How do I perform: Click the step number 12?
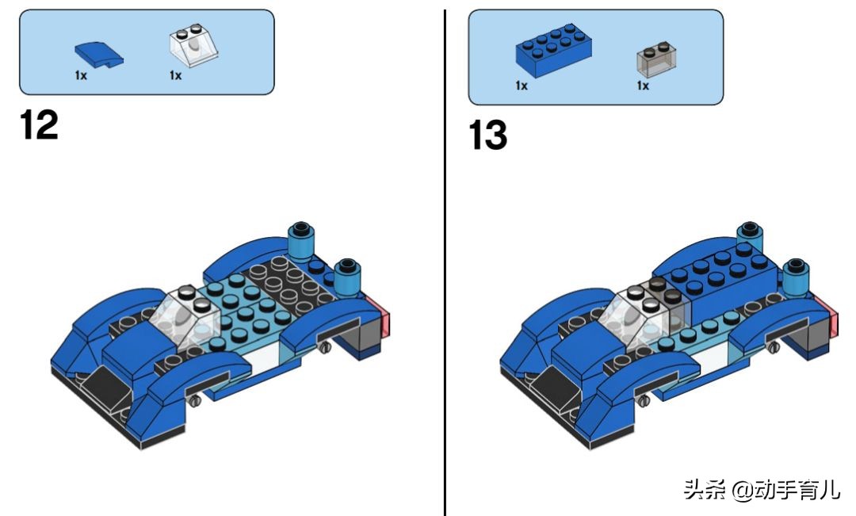pos(39,125)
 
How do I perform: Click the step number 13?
pos(487,135)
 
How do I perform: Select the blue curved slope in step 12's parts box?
pos(99,55)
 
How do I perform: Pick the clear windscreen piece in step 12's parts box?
pos(194,45)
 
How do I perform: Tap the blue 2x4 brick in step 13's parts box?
pos(553,50)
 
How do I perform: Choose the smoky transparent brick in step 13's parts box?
pos(657,59)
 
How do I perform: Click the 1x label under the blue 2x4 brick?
pos(522,86)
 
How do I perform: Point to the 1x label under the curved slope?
pos(81,75)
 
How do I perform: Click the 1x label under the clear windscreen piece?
pos(175,75)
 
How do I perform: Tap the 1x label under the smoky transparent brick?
pos(643,86)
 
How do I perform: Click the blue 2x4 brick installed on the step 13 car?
pos(713,281)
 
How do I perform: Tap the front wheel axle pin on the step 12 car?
pos(194,401)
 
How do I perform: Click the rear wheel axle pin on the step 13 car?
pos(773,347)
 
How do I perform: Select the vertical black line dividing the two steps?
pos(445,262)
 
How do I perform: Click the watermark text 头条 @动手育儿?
pos(762,489)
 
